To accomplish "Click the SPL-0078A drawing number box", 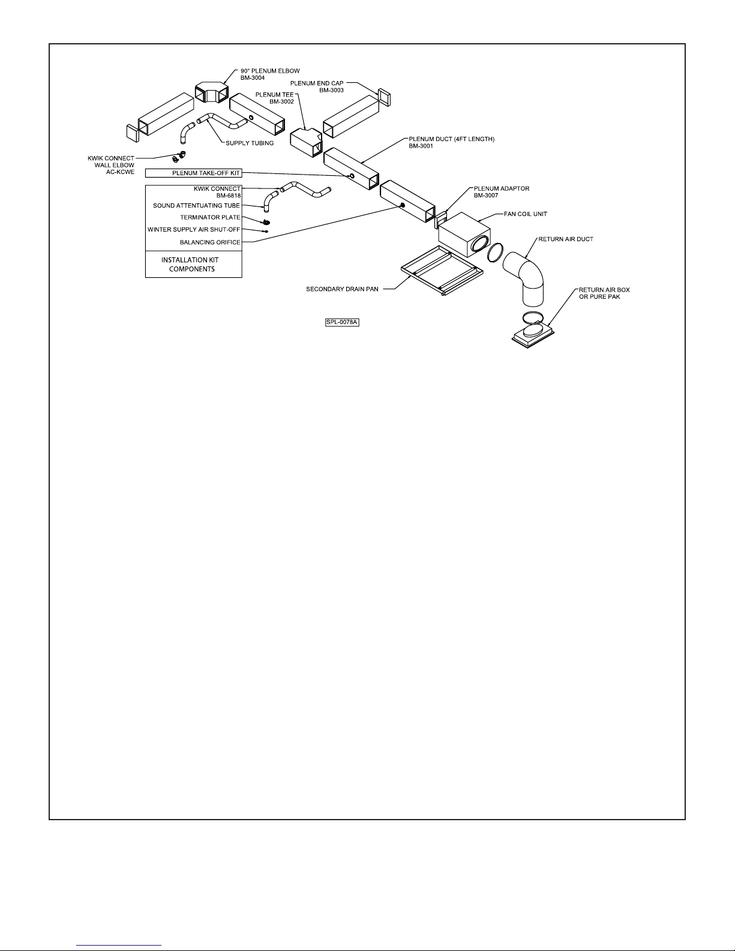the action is (342, 323).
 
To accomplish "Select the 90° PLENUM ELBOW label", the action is (270, 71).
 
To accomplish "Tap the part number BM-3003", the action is (331, 90).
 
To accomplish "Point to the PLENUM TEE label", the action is (274, 95).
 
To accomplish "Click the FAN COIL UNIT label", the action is (526, 214).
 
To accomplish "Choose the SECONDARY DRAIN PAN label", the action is (342, 289).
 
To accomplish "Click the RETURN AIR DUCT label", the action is (566, 239).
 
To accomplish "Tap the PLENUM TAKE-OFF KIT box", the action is (193, 173).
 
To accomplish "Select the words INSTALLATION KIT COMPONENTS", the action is (191, 265).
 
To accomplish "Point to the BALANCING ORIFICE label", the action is (210, 242).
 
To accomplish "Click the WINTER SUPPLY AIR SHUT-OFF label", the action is (194, 230).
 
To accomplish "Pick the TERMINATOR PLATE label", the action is (210, 218).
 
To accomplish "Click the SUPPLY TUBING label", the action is (250, 143).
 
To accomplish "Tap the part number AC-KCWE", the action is (121, 172).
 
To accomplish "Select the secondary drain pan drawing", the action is (442, 271).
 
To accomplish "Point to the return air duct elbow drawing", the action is (524, 277).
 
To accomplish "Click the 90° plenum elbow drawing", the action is (212, 92).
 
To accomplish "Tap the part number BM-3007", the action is (485, 196).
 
